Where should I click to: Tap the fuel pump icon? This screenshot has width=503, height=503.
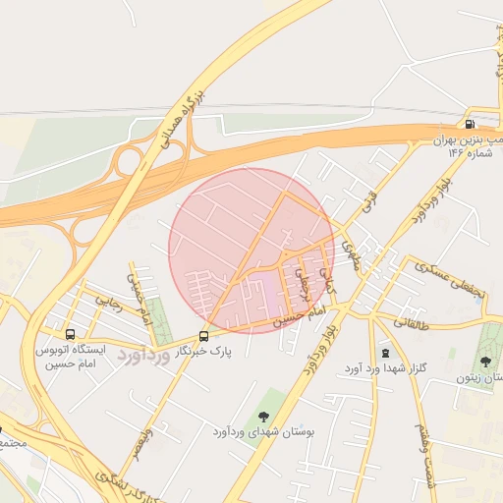[471, 125]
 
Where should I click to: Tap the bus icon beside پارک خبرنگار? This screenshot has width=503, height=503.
[204, 333]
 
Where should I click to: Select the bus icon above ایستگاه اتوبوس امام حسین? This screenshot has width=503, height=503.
[68, 333]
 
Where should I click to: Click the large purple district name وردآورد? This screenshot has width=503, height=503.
[144, 353]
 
